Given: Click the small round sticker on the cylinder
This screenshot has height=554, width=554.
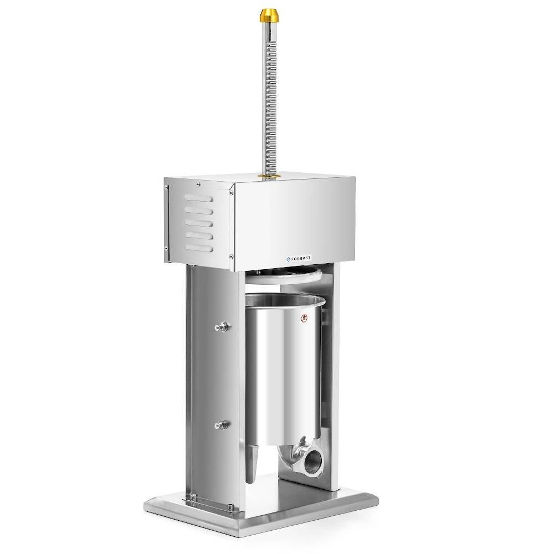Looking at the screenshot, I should click(302, 318).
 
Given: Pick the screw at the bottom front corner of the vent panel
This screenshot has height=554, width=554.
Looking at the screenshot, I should click(228, 256).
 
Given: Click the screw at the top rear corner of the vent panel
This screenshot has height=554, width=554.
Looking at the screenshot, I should click(165, 186).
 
